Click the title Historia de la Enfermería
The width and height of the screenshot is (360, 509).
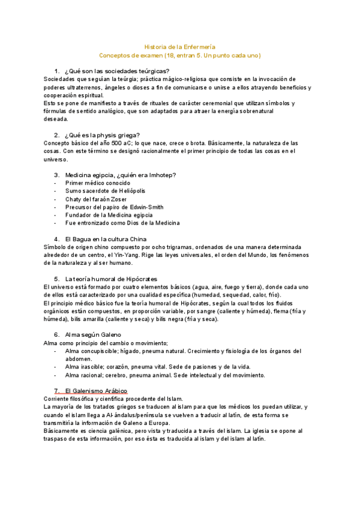(180, 46)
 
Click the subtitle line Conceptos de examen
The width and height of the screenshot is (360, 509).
(180, 55)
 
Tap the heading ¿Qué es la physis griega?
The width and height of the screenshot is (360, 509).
(106, 135)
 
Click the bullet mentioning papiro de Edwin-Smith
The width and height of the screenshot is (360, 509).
(114, 207)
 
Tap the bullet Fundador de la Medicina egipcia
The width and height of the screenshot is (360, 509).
(109, 215)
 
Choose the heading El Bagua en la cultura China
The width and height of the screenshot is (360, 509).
(110, 239)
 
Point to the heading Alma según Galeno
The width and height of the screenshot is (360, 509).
(93, 334)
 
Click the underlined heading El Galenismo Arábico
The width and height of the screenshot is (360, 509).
(96, 391)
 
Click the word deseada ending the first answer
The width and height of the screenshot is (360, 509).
(56, 119)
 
